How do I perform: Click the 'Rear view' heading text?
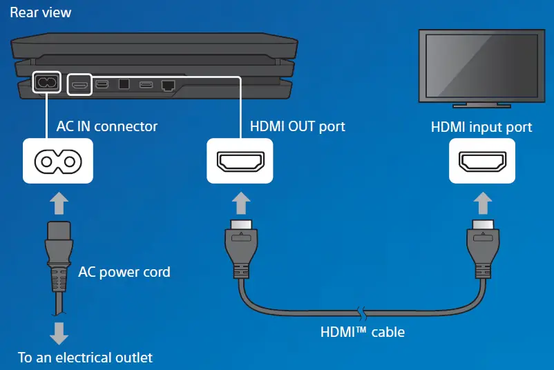click(x=40, y=12)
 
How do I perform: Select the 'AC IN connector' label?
click(x=106, y=126)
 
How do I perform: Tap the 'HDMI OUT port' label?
click(x=297, y=126)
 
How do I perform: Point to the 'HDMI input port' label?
click(x=481, y=127)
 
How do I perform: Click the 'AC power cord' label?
click(x=124, y=272)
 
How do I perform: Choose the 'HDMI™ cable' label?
click(x=363, y=332)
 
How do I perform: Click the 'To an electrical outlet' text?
click(x=85, y=358)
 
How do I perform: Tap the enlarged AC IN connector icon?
click(x=58, y=161)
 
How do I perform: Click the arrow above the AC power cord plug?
click(x=59, y=203)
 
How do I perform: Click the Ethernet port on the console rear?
click(x=168, y=85)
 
